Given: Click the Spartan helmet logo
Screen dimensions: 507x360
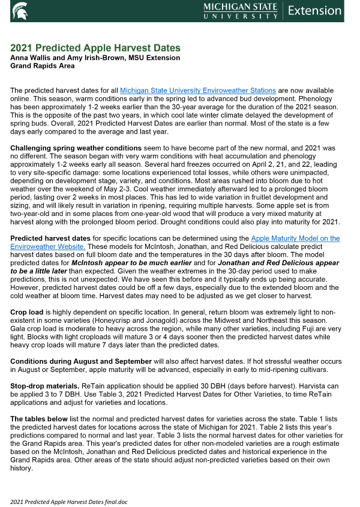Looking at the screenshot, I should click(19, 10).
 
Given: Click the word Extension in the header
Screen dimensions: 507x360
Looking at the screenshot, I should click(314, 10).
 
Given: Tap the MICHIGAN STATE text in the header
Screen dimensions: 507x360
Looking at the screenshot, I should click(240, 7).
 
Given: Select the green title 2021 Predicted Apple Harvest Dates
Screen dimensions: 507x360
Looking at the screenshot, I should click(95, 48).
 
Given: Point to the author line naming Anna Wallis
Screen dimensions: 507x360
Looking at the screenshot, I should click(95, 58).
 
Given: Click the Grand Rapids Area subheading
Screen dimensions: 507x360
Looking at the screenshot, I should click(42, 65).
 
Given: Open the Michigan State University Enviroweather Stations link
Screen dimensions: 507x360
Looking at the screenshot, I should click(198, 90).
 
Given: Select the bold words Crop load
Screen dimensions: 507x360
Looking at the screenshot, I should click(27, 313).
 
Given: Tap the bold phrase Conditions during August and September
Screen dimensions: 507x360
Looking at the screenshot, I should click(81, 361).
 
